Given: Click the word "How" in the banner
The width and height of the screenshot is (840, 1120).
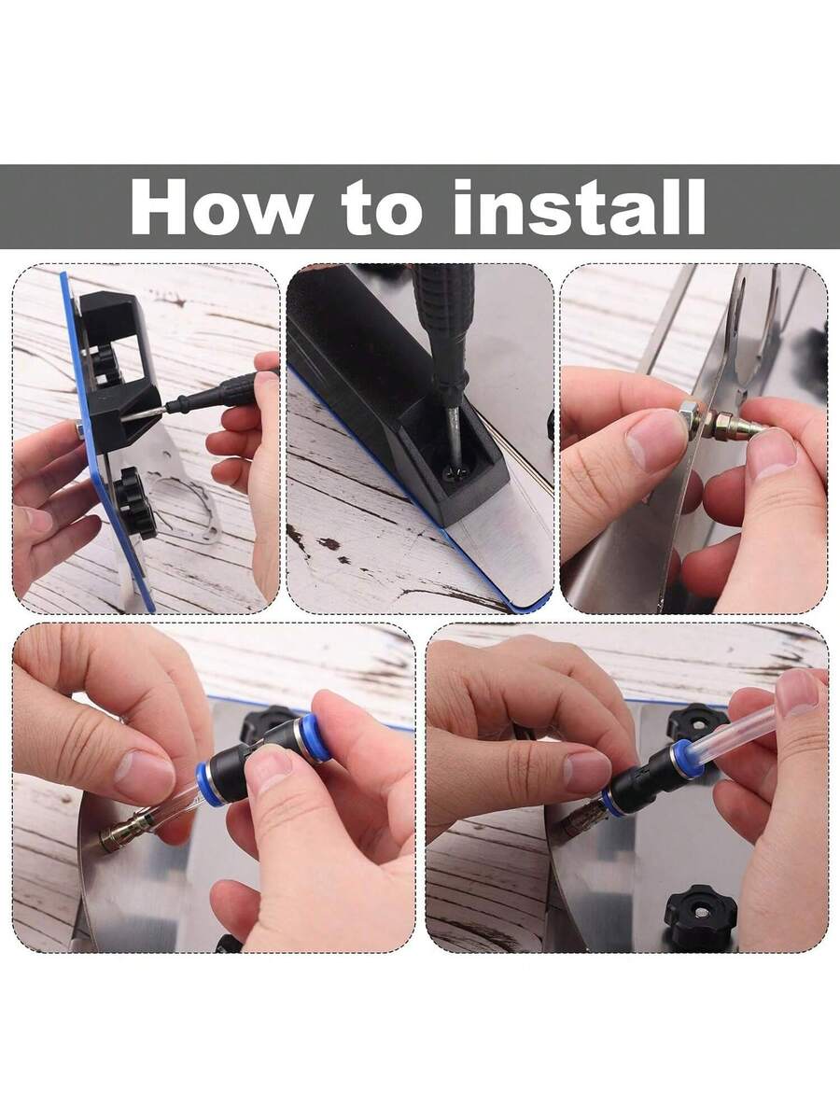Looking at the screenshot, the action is click(x=219, y=206).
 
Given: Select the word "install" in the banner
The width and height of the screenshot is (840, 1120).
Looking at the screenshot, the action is click(x=579, y=206).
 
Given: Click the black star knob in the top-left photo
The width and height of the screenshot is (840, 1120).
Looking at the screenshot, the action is click(x=134, y=502).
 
